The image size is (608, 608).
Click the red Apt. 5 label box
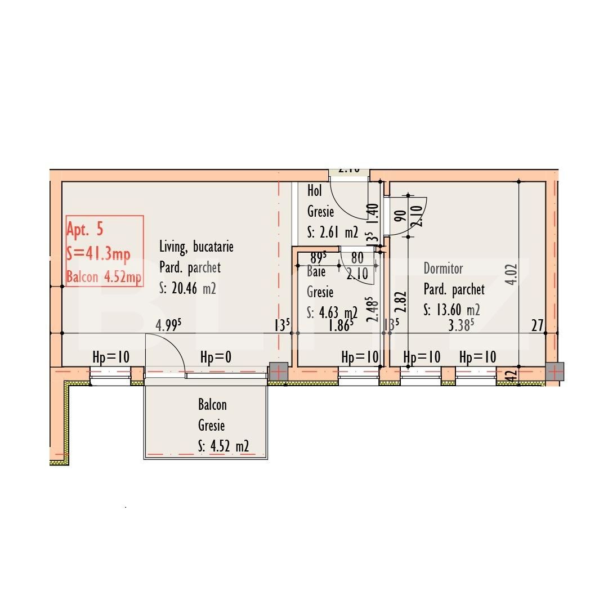tap(104, 251)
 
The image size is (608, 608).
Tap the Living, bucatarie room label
tap(196, 247)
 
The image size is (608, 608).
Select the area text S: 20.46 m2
tap(188, 289)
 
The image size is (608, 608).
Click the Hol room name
tap(315, 191)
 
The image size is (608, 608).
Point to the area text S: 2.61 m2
tap(333, 232)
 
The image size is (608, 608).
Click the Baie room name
tap(316, 271)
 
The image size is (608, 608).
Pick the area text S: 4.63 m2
tap(332, 312)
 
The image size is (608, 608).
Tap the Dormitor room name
tap(443, 268)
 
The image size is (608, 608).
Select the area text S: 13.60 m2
tap(451, 310)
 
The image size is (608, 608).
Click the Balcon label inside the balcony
tap(212, 404)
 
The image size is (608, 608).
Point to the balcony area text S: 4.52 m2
tap(223, 446)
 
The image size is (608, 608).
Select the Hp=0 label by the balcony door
tap(216, 357)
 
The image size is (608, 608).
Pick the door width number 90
tap(401, 216)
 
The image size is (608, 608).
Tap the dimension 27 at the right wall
tap(538, 325)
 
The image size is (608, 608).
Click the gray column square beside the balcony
tap(278, 372)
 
